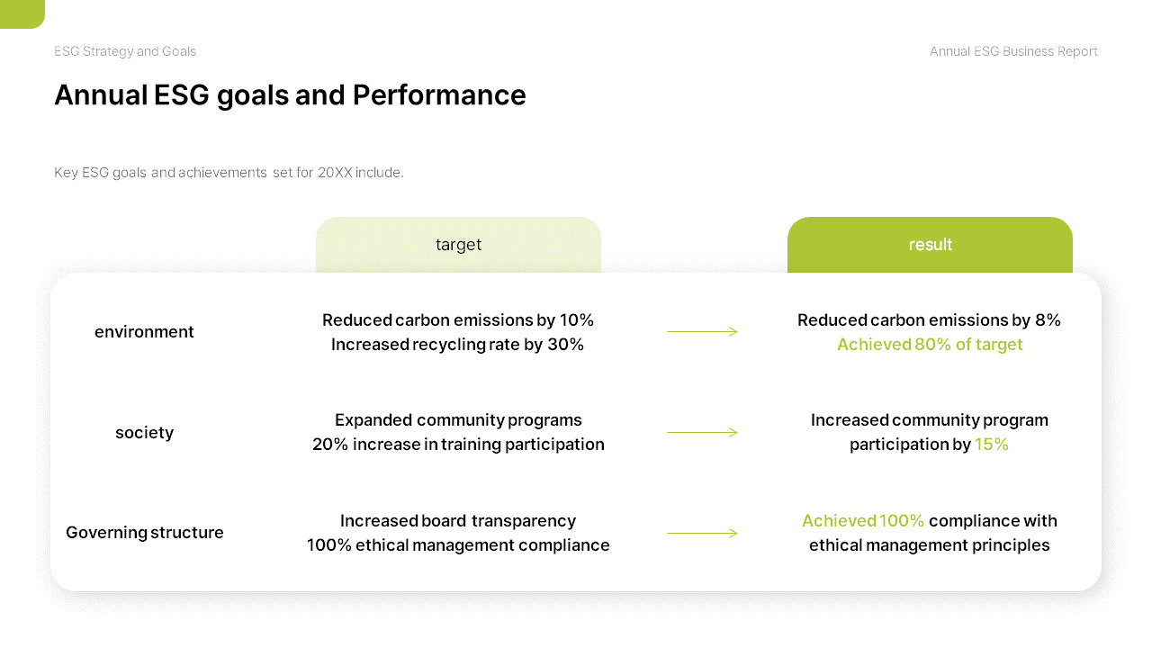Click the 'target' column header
(x=458, y=245)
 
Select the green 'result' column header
(x=930, y=245)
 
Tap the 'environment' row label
(x=144, y=332)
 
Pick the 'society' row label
(x=144, y=433)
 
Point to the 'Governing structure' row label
(x=144, y=533)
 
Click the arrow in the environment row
(x=702, y=332)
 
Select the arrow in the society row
(x=702, y=433)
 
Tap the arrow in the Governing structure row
(x=702, y=534)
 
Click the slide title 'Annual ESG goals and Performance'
(x=290, y=95)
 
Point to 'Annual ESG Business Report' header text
(x=1013, y=51)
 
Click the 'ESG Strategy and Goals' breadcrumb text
(x=125, y=51)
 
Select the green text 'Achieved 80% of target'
(x=930, y=345)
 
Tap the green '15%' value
(x=992, y=445)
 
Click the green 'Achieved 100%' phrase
(x=862, y=521)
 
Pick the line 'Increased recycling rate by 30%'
(x=457, y=345)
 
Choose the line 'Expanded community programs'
(x=458, y=420)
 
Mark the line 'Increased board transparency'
(x=457, y=521)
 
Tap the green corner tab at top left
(x=22, y=13)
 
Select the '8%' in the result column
(x=1048, y=320)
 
